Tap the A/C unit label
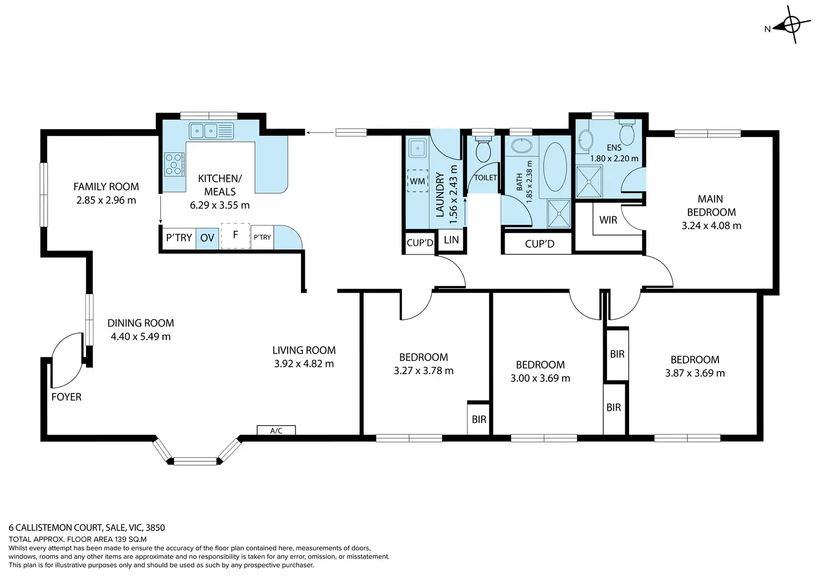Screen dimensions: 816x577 [x=276, y=431]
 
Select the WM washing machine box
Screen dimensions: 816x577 [x=417, y=181]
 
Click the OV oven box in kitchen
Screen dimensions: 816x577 [x=207, y=238]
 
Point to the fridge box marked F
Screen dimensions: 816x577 [x=236, y=236]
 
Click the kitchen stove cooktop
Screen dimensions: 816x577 [x=174, y=164]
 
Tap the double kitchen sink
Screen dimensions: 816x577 [x=211, y=131]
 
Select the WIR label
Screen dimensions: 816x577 [x=608, y=220]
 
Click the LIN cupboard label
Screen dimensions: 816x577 [x=451, y=239]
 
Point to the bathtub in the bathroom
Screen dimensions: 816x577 [x=555, y=167]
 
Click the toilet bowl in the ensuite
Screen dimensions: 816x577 [x=627, y=133]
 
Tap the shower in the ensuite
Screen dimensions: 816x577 [x=589, y=182]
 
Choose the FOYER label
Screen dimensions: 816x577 [x=67, y=397]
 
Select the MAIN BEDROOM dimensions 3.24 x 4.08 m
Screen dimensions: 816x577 [x=711, y=226]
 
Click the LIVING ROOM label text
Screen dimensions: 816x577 [x=304, y=350]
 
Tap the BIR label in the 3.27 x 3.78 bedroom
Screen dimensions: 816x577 [x=478, y=420]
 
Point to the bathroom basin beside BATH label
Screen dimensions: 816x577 [x=522, y=145]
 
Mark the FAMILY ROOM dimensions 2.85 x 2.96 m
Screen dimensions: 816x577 [x=106, y=200]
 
